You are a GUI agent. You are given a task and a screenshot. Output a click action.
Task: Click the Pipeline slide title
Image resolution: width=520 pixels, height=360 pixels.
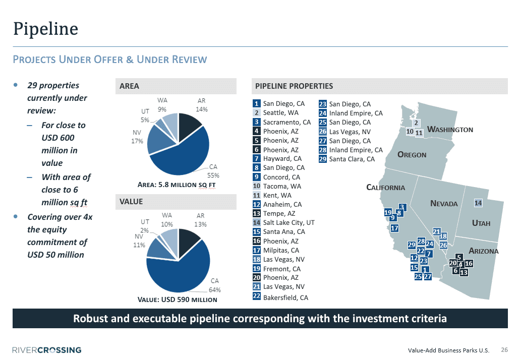[45, 28]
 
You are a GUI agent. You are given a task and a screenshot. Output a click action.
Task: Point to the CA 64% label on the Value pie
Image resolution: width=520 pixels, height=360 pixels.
[214, 285]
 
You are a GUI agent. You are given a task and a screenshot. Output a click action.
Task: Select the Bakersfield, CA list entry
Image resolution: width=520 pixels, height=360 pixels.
[285, 297]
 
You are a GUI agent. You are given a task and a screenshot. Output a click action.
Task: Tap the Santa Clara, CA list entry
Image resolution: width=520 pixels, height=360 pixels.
[352, 159]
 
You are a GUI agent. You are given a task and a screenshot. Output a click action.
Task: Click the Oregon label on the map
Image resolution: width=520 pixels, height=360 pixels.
[412, 155]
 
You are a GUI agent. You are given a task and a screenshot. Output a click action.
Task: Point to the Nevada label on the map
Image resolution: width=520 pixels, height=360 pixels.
[444, 204]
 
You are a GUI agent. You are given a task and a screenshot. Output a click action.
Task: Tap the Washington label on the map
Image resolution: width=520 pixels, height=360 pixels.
[450, 130]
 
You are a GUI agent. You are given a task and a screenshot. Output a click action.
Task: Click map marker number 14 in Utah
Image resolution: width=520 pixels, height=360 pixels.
[479, 203]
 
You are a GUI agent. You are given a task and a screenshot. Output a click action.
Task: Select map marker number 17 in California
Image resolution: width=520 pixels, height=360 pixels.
[395, 228]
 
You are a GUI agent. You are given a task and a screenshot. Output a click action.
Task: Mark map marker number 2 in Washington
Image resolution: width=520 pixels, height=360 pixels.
[416, 123]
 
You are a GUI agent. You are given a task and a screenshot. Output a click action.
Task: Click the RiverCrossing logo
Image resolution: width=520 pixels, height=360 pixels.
[46, 350]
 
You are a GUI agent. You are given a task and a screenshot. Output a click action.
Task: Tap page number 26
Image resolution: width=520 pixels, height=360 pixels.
[504, 350]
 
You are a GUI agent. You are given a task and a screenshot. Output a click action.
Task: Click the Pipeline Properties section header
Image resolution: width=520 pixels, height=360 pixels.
[294, 86]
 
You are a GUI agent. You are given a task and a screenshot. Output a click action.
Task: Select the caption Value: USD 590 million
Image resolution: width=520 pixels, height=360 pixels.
[178, 299]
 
